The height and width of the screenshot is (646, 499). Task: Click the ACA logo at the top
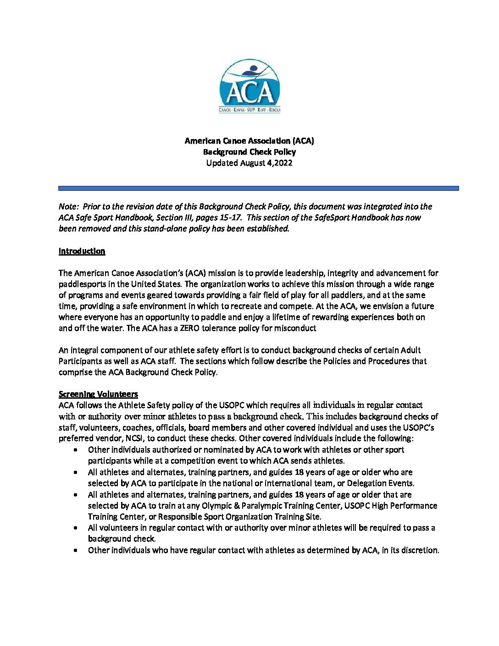click(x=249, y=86)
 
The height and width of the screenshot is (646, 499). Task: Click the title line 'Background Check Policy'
click(x=249, y=152)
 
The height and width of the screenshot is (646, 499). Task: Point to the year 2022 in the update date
click(x=282, y=163)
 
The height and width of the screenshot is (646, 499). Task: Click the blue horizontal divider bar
click(x=258, y=188)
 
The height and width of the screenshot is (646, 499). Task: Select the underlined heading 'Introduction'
click(x=82, y=251)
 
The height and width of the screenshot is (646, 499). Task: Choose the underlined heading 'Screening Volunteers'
click(x=98, y=394)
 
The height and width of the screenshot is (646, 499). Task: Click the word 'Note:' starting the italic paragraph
click(x=68, y=206)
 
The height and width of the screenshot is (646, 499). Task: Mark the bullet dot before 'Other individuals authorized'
click(x=75, y=450)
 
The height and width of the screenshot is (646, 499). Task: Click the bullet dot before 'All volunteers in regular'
click(x=75, y=528)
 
